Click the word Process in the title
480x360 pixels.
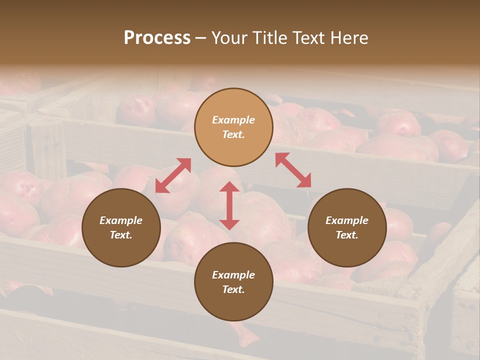(x=157, y=38)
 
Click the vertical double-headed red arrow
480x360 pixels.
(x=229, y=205)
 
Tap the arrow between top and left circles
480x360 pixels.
(x=173, y=175)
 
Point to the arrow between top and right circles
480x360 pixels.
(x=293, y=170)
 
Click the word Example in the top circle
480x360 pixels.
(x=233, y=120)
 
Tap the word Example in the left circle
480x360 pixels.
(x=121, y=220)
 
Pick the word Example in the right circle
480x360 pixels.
(x=347, y=220)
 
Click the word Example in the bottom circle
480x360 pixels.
(x=233, y=275)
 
